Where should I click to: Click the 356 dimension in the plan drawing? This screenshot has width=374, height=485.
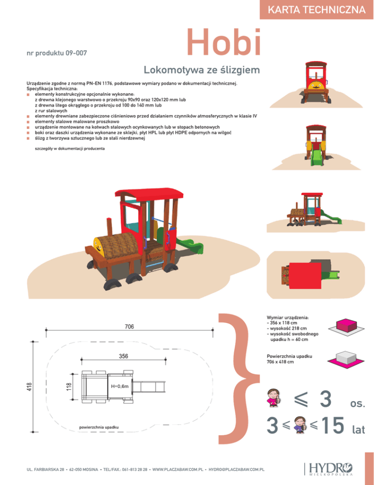(x=124, y=356)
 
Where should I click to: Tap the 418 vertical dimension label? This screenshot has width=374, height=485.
(x=29, y=386)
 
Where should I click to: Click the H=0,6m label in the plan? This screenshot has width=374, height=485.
(x=120, y=386)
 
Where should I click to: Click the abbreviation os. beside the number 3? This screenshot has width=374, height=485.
(x=358, y=404)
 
